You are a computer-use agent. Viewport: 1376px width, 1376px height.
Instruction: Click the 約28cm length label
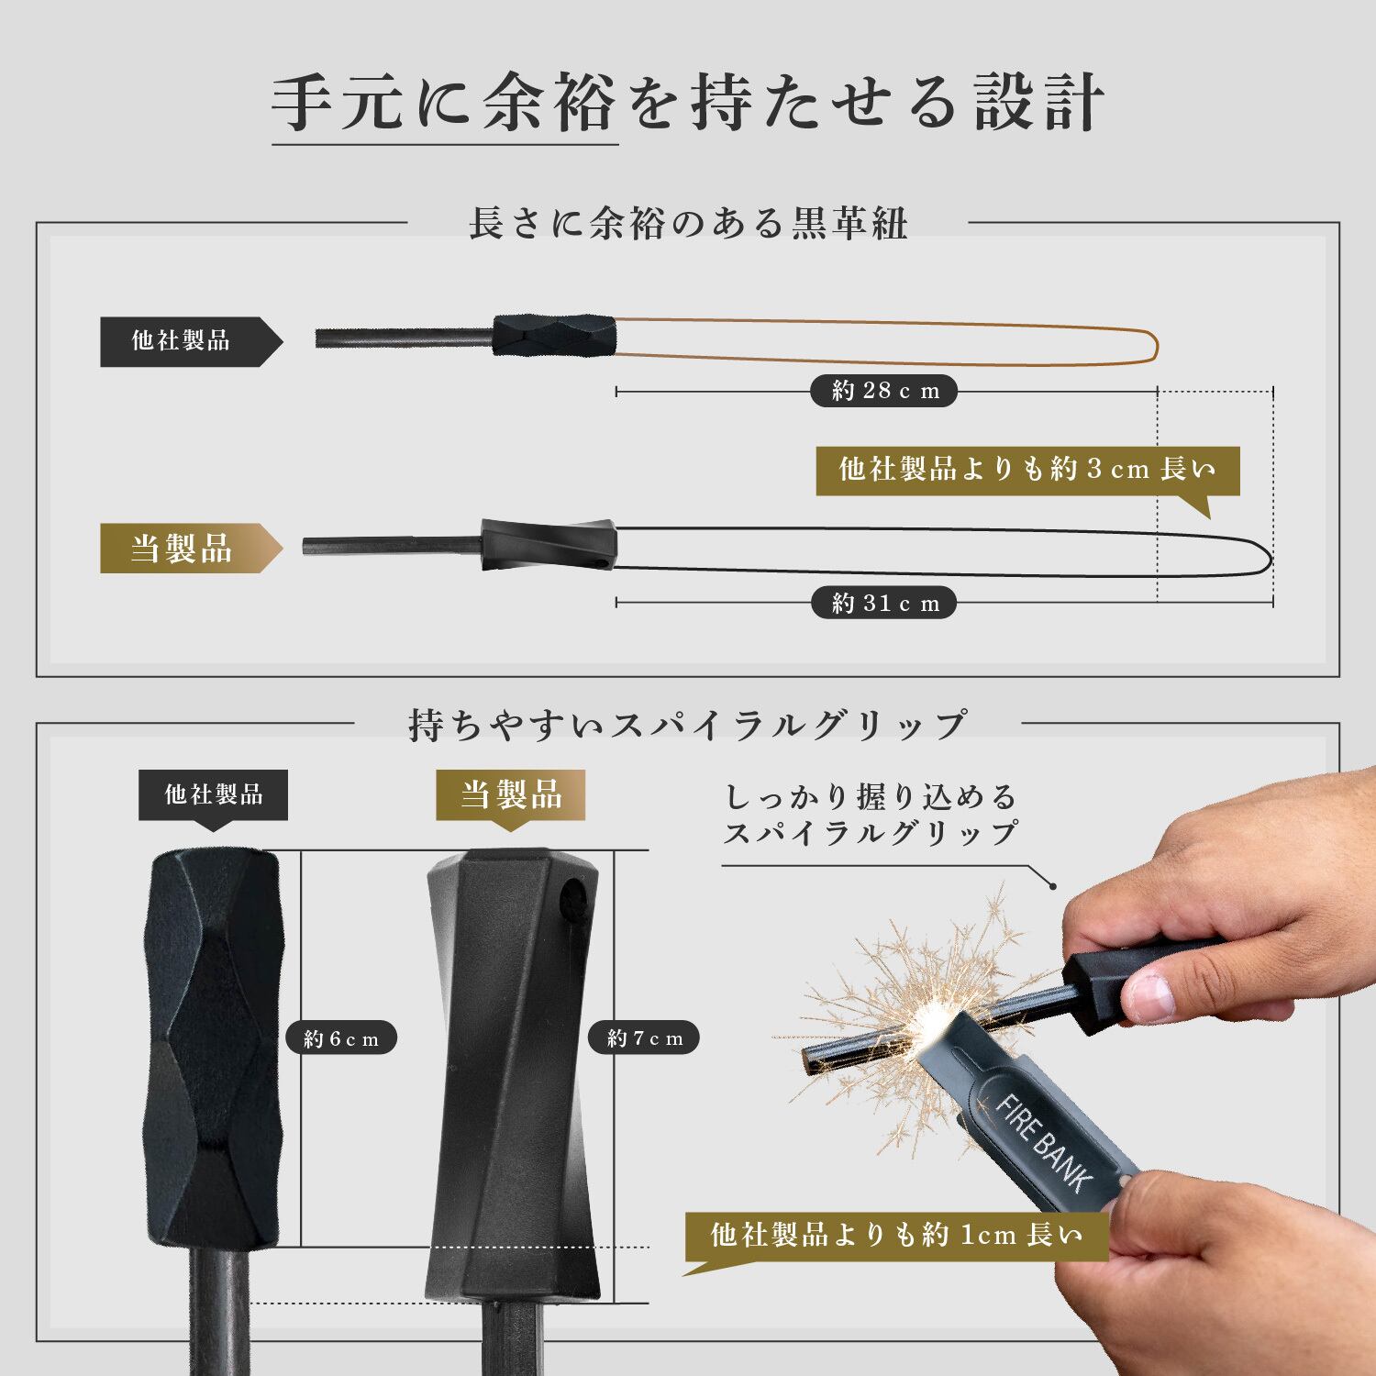click(x=883, y=391)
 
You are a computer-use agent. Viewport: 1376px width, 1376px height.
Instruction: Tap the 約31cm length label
click(x=883, y=603)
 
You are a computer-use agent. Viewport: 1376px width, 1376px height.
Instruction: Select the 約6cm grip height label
click(x=341, y=1038)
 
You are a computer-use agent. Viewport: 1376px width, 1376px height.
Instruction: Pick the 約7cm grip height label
click(x=645, y=1038)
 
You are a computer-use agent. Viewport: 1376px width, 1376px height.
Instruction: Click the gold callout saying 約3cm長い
click(x=1027, y=471)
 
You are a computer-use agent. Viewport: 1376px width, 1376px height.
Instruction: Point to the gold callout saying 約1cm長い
click(x=896, y=1236)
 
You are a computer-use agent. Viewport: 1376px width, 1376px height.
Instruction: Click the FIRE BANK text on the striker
click(x=1044, y=1140)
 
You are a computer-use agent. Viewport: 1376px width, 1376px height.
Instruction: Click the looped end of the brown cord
click(x=1158, y=345)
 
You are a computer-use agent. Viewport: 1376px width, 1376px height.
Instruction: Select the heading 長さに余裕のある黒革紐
click(x=688, y=223)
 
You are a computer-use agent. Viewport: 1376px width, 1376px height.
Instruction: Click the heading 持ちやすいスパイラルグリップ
click(x=687, y=725)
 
